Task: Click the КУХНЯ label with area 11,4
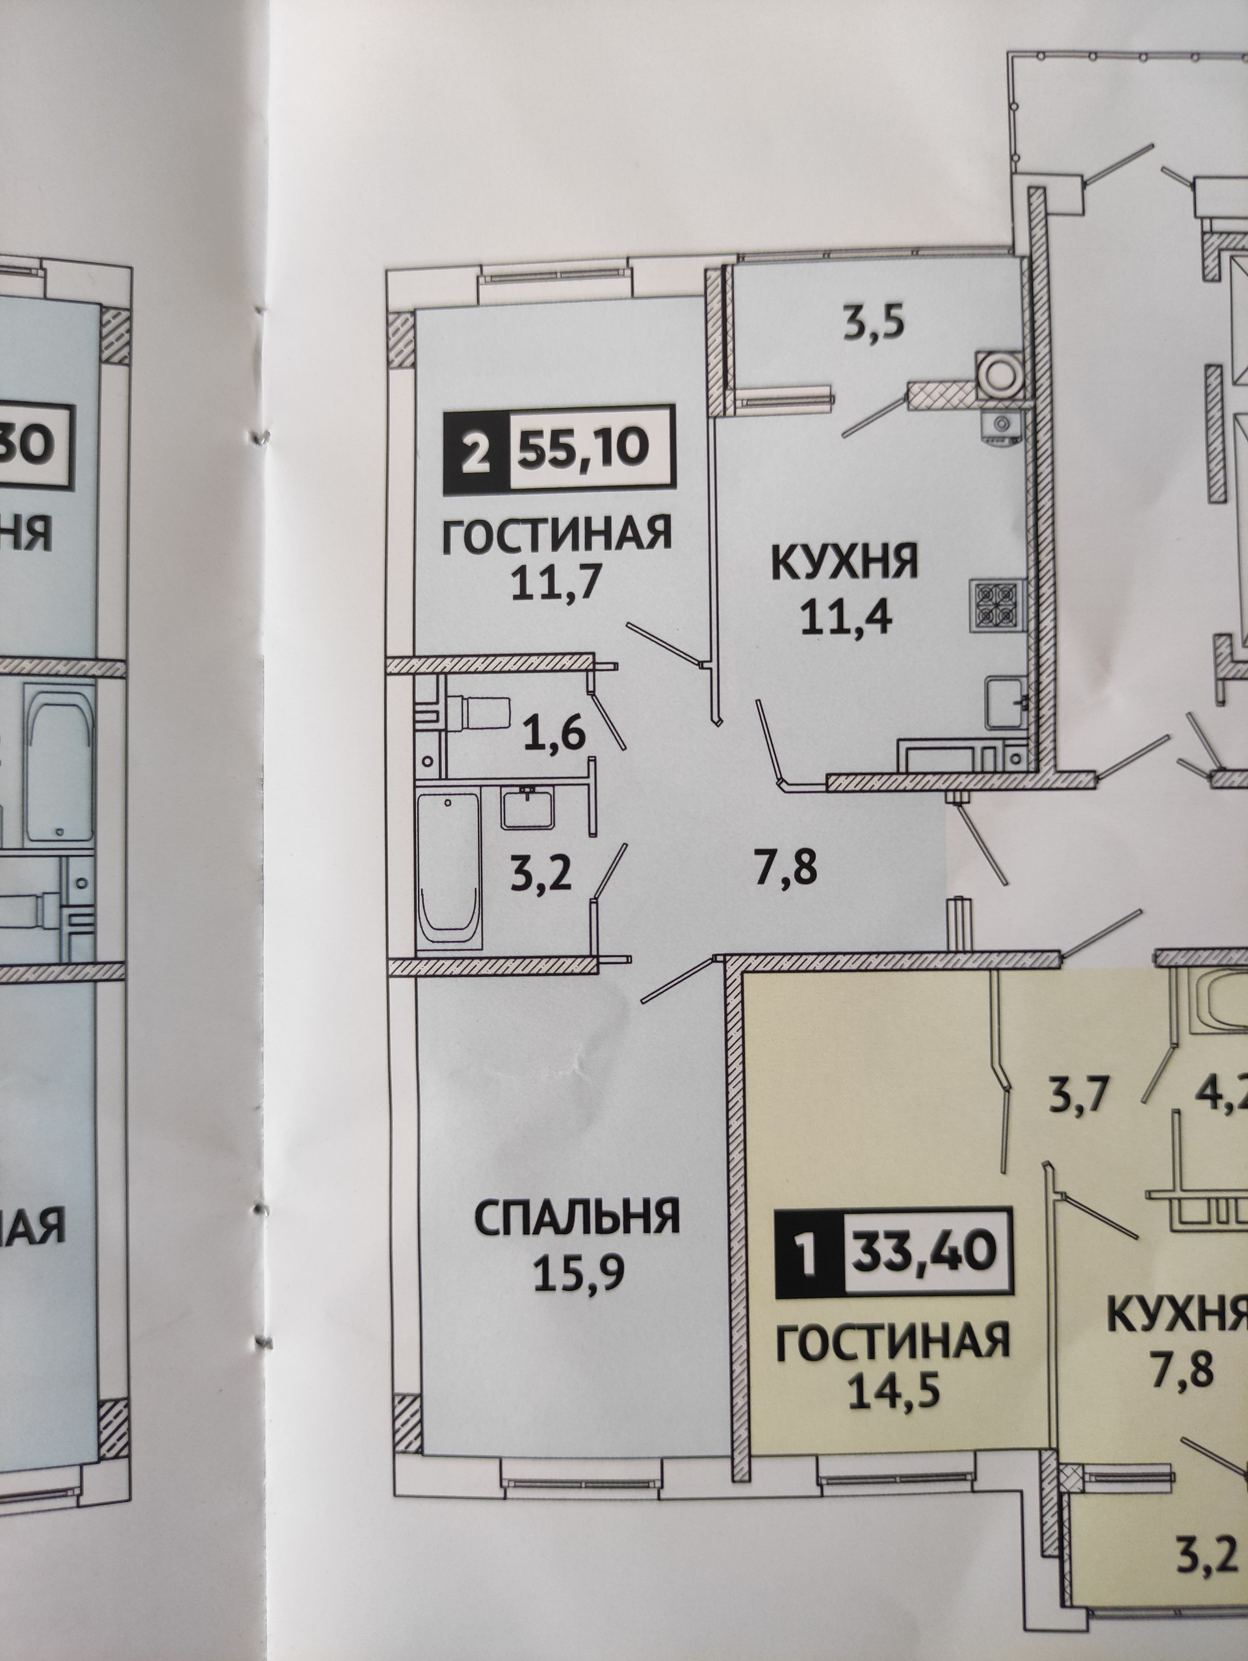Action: tap(844, 562)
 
